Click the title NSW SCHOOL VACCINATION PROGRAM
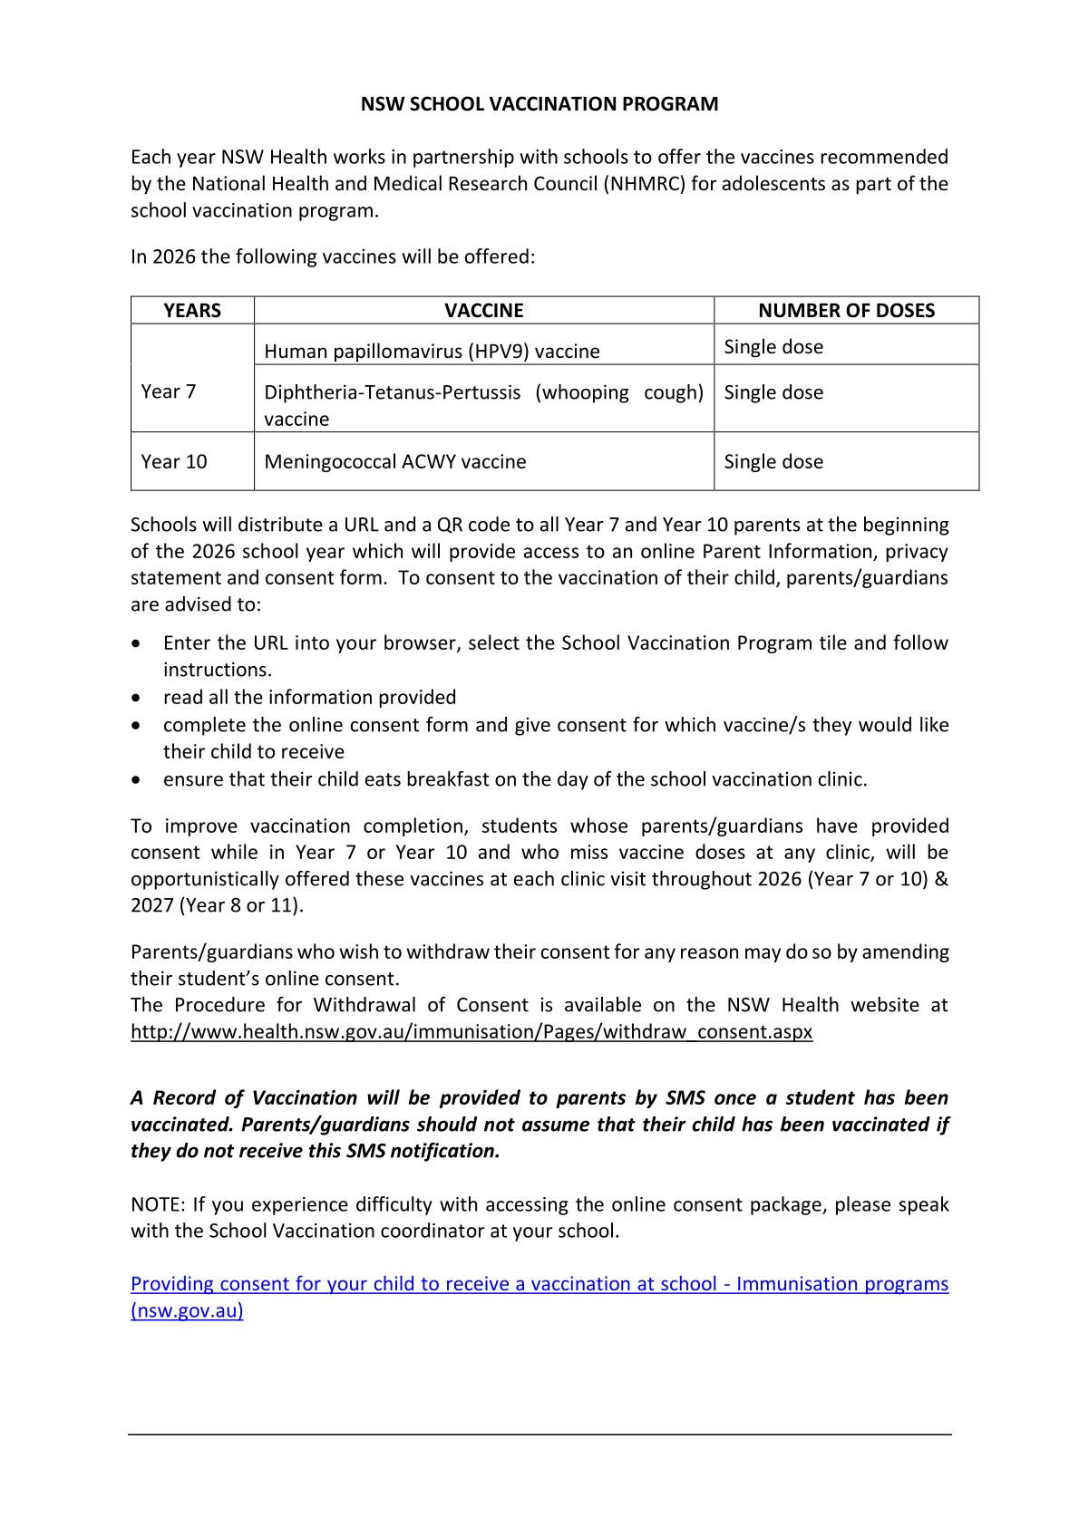539,104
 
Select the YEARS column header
192,311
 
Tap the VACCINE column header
483,311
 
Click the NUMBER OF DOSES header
846,311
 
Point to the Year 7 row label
169,391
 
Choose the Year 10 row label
174,461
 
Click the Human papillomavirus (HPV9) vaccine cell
432,352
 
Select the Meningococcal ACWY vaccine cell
394,461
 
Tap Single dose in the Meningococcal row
773,461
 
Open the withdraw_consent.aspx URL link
471,1031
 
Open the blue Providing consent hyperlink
539,1284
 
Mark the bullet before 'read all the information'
136,698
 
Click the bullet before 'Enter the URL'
136,643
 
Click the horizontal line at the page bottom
539,1434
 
